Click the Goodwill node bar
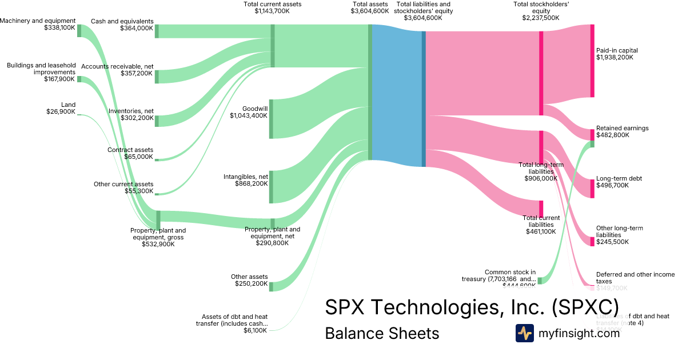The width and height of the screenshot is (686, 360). pos(271,119)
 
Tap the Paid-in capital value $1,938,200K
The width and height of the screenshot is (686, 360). pos(617,58)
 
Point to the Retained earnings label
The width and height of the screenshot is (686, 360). pos(622,128)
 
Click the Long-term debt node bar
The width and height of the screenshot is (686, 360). pos(592,189)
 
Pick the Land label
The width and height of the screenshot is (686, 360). pos(68,105)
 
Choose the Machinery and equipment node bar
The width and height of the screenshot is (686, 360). pos(79,31)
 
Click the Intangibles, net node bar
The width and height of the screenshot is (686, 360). pos(271,187)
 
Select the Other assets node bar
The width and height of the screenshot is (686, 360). pos(271,286)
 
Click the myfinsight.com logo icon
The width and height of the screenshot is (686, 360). pos(524,333)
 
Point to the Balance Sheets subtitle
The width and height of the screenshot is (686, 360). pos(382,333)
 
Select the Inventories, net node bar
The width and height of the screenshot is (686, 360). pos(157,121)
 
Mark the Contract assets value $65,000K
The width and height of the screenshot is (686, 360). pos(138,157)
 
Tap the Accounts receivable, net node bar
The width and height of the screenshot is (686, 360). pos(157,77)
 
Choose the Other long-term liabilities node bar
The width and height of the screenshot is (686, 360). pos(592,241)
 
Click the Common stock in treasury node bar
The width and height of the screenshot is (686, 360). pos(540,281)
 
